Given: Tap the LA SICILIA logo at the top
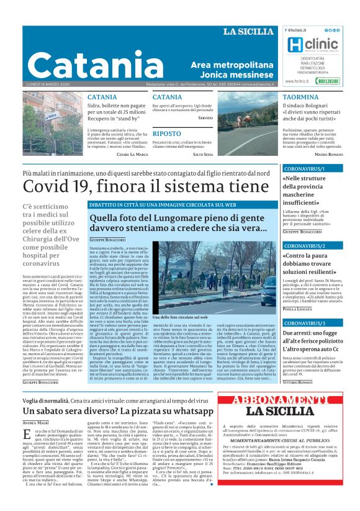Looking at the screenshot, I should tap(248, 32).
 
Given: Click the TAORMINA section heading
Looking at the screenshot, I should tap(300, 97).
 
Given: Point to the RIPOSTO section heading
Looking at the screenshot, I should tap(166, 133).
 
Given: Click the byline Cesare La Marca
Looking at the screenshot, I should tap(132, 154).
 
